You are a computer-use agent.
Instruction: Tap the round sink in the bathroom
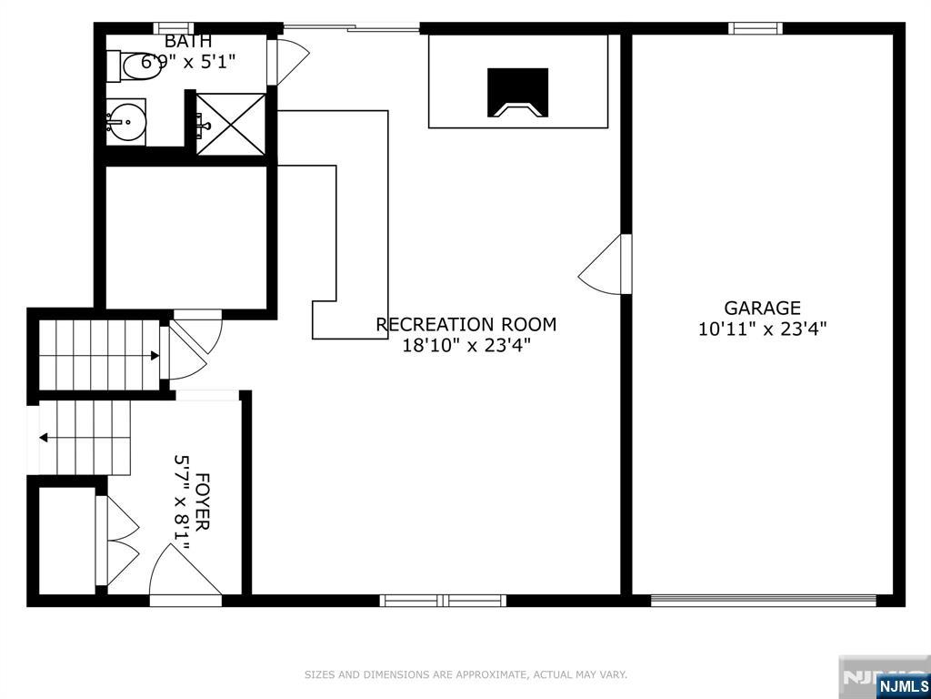pyautogui.click(x=125, y=122)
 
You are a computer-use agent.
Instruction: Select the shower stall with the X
pyautogui.click(x=230, y=124)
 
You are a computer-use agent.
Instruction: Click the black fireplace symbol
pyautogui.click(x=517, y=93)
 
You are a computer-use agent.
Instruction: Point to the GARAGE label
pyautogui.click(x=763, y=308)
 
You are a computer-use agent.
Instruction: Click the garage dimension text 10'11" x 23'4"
pyautogui.click(x=763, y=329)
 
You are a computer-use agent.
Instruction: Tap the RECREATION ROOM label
pyautogui.click(x=466, y=325)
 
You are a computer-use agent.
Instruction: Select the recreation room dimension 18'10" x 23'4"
pyautogui.click(x=466, y=345)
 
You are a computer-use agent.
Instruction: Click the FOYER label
pyautogui.click(x=202, y=502)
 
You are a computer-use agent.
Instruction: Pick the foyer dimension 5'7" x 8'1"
pyautogui.click(x=181, y=502)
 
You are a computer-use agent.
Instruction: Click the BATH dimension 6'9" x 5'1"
pyautogui.click(x=188, y=61)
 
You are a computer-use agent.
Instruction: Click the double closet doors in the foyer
pyautogui.click(x=117, y=541)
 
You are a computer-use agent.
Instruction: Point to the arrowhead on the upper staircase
pyautogui.click(x=155, y=356)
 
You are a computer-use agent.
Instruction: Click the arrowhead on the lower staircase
pyautogui.click(x=44, y=438)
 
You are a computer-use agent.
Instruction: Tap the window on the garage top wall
pyautogui.click(x=756, y=28)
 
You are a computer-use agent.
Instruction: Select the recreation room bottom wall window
pyautogui.click(x=443, y=601)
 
